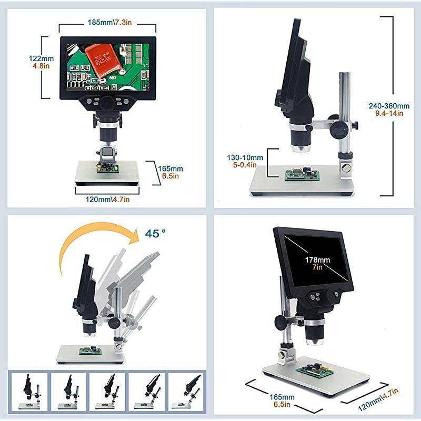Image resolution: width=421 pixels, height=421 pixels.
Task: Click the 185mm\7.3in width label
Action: tap(108, 23)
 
